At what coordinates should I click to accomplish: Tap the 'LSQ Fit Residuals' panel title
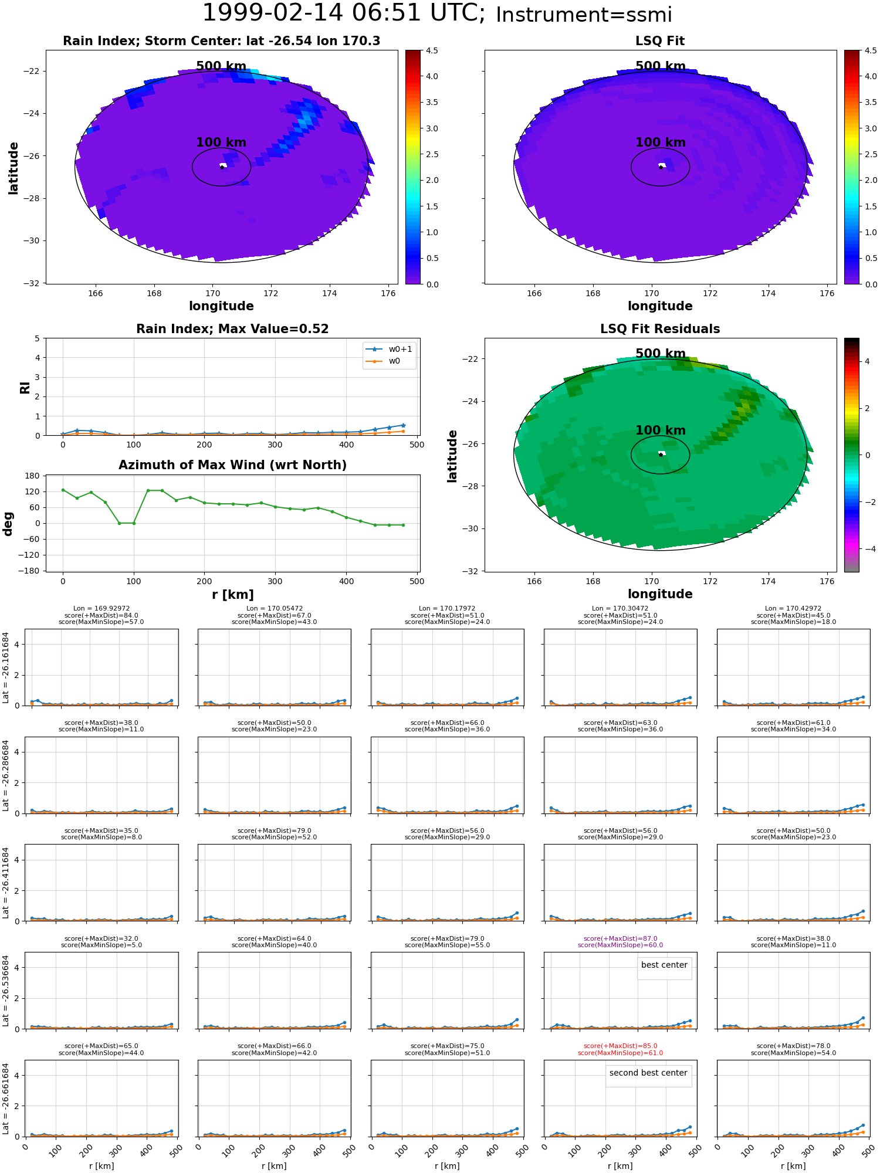660,329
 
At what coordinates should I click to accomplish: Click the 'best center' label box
664,965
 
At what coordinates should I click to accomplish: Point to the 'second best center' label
648,1073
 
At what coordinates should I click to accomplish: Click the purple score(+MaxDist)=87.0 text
620,938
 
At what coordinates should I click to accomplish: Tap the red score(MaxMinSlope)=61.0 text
620,1053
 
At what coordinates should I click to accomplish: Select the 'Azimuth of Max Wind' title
232,465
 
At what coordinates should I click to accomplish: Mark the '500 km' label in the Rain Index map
221,66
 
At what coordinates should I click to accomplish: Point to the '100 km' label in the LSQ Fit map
660,143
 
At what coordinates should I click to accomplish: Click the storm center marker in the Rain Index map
222,167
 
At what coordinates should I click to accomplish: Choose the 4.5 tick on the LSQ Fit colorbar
871,51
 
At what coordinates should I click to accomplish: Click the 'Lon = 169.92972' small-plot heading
101,609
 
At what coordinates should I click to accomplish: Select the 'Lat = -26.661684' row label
6,1098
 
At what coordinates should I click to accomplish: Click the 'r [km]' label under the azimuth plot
232,595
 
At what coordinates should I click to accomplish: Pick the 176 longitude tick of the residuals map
827,581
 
